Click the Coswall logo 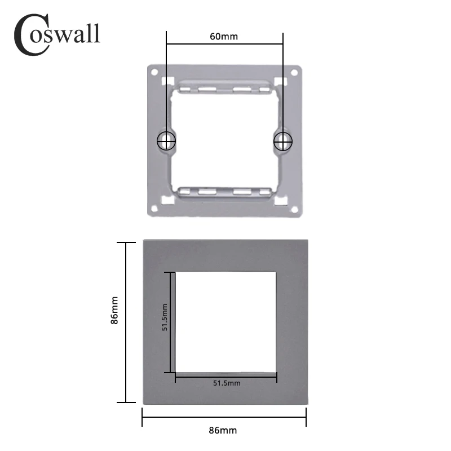(56, 34)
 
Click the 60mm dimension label (224, 37)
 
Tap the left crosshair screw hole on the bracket (166, 140)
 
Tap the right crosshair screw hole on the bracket (282, 140)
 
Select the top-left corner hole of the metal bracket (154, 72)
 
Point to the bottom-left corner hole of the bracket (154, 209)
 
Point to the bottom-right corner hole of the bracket (294, 209)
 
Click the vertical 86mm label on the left (114, 311)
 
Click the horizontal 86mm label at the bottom (223, 430)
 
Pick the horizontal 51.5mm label (227, 383)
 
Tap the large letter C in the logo (30, 35)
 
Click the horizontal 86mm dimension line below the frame (224, 417)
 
